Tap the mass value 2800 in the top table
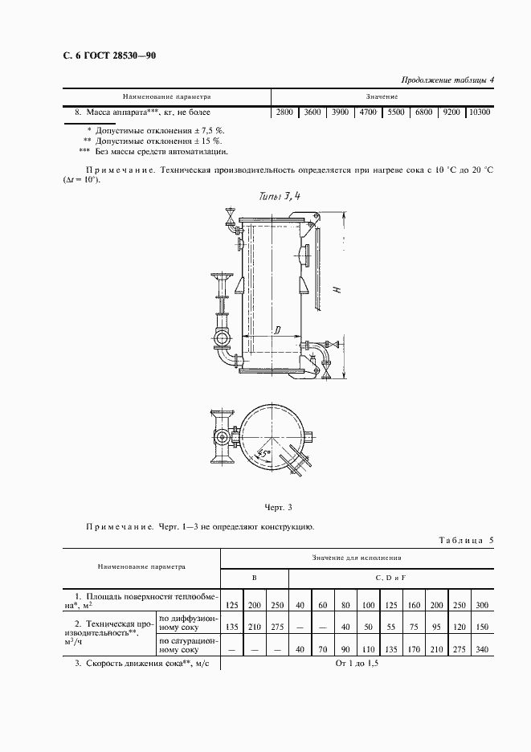tap(285, 112)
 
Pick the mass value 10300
tap(479, 112)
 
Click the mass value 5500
tap(395, 112)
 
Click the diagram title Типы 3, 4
tap(280, 195)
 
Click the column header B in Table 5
tap(254, 578)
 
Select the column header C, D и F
tap(391, 578)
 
